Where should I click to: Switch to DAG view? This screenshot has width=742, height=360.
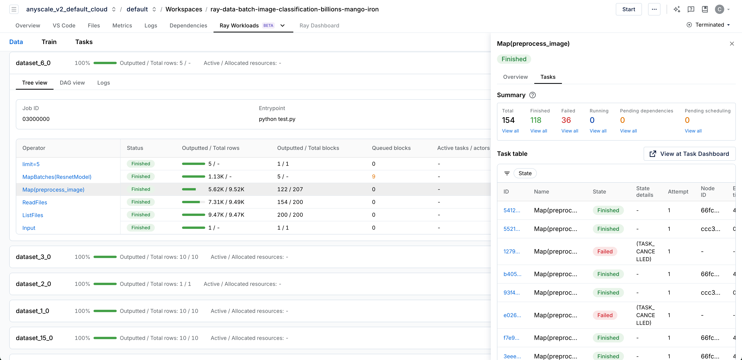72,83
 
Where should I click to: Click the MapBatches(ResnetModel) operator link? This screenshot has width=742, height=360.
57,177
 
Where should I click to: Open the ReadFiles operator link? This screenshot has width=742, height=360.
35,202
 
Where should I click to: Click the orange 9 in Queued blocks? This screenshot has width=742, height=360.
373,177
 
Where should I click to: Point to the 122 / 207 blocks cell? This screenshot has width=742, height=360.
290,189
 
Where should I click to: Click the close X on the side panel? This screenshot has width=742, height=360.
732,44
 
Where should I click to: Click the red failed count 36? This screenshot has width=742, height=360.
566,120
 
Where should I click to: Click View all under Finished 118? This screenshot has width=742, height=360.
538,131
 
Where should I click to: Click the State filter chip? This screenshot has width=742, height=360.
525,173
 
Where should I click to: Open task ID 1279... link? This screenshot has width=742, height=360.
511,251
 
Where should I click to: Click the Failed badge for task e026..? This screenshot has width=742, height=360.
605,315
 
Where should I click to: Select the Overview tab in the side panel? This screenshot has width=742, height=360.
515,77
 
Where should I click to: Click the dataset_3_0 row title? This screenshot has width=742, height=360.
33,257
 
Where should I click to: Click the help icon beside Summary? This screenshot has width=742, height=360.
532,95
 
